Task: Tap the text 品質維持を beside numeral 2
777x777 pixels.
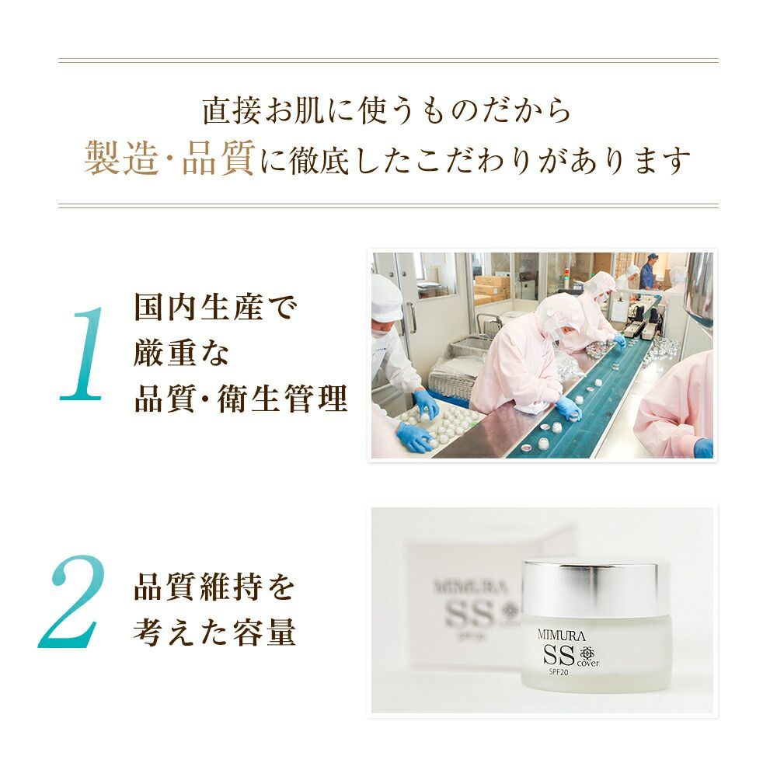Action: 215,587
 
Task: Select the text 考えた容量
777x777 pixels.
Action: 215,632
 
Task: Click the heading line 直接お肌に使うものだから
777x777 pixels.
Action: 387,110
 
